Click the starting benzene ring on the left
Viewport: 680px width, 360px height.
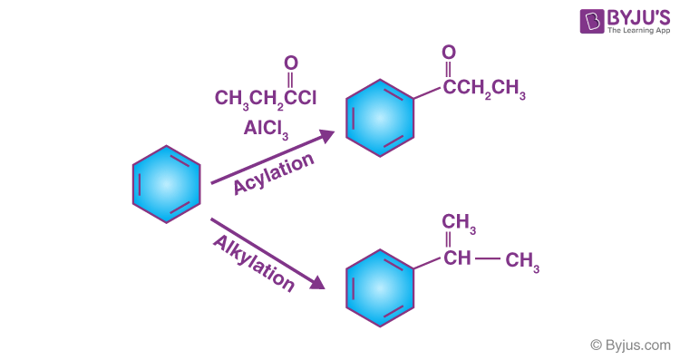[166, 184]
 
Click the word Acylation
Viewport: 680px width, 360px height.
[274, 172]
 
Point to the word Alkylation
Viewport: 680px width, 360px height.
[255, 263]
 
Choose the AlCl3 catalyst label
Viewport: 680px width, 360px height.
[266, 129]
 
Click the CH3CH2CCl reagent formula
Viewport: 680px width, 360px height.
[266, 97]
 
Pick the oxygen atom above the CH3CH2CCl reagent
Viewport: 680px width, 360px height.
[291, 63]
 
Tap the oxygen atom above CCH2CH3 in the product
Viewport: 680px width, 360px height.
[449, 52]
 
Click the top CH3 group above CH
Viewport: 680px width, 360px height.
[459, 223]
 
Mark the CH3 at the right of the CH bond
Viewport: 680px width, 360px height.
[523, 262]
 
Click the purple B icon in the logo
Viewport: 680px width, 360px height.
[569, 22]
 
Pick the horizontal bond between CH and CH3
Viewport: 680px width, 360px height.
[488, 260]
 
